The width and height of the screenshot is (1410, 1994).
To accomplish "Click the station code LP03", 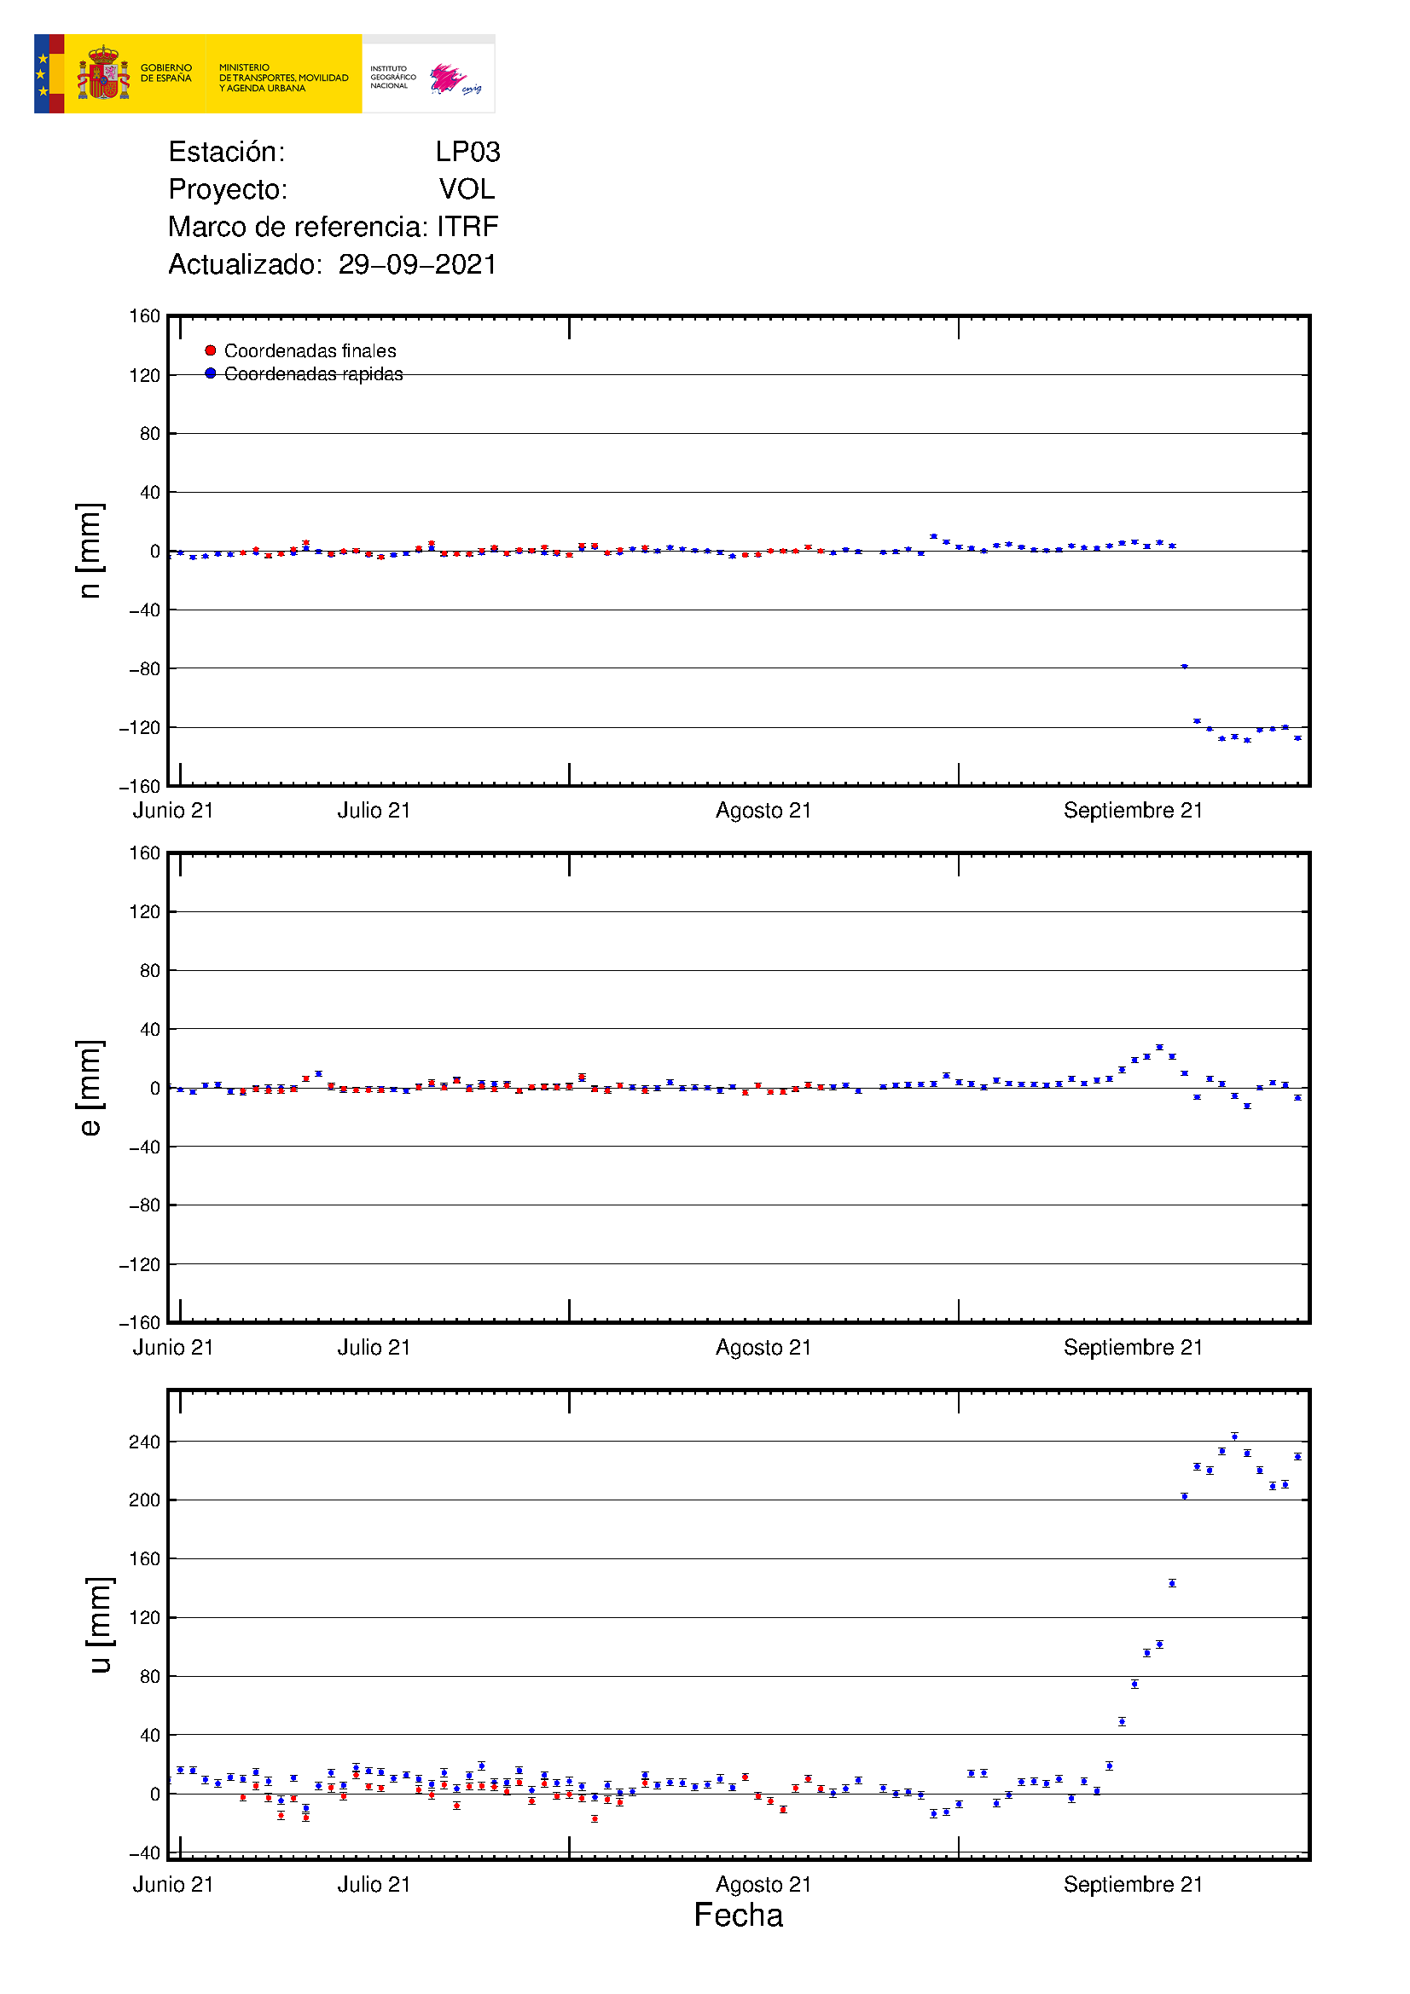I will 467,152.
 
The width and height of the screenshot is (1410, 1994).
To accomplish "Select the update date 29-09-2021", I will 417,264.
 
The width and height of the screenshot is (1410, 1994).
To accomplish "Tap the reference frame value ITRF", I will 467,227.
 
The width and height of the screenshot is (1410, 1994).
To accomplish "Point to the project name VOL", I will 467,189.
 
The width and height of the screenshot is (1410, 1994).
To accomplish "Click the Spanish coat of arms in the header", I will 103,74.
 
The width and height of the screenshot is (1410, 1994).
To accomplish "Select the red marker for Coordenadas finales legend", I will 210,351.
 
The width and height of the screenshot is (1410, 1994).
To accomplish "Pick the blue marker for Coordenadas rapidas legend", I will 210,373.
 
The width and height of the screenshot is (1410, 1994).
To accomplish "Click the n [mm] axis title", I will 90,551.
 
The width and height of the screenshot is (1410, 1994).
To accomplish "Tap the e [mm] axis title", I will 90,1087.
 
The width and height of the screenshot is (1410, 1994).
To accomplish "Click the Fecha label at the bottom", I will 738,1915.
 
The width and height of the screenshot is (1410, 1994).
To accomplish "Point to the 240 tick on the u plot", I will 144,1442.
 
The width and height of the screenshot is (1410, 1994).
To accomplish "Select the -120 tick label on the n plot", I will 140,728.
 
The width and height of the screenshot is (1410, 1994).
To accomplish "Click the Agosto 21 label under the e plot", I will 763,1347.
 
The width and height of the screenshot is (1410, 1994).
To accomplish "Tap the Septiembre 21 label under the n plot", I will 1133,810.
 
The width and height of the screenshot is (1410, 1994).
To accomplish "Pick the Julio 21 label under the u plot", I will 374,1884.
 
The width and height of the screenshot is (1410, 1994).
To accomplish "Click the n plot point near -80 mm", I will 1184,667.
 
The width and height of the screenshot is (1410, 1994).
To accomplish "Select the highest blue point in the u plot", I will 1234,1436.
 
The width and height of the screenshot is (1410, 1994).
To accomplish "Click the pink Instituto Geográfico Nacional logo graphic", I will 449,78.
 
